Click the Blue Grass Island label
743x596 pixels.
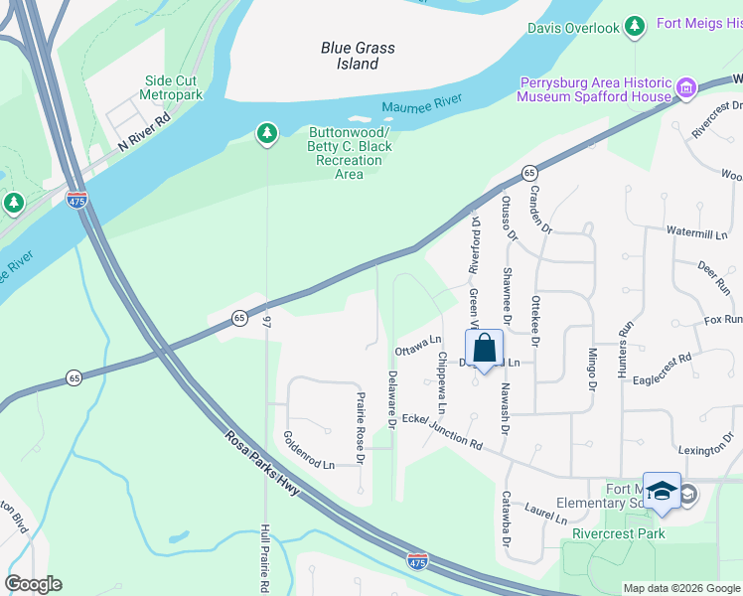pyautogui.click(x=358, y=56)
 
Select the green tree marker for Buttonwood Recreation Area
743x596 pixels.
pyautogui.click(x=266, y=132)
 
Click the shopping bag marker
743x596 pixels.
pyautogui.click(x=484, y=350)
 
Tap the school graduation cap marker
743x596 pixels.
pyautogui.click(x=662, y=492)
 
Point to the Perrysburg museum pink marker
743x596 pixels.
pyautogui.click(x=685, y=89)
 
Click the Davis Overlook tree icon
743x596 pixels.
pyautogui.click(x=636, y=29)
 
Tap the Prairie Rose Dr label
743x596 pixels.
pyautogui.click(x=361, y=419)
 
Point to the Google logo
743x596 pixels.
pyautogui.click(x=34, y=584)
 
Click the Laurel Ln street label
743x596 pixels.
pyautogui.click(x=546, y=514)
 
